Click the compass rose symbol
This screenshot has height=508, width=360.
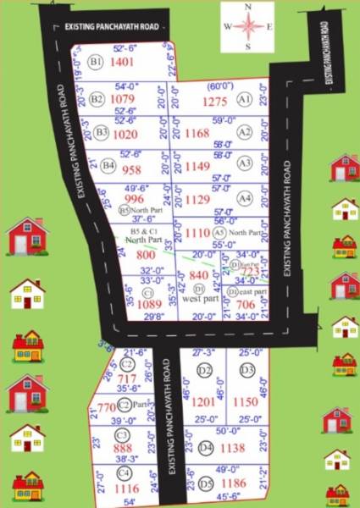pos(247,26)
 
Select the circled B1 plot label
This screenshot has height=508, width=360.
pos(96,63)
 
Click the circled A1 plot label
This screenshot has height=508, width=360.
pos(245,100)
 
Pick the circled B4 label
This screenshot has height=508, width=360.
pos(108,167)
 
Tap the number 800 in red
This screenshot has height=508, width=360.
pos(146,255)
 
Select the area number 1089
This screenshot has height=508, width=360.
pos(149,304)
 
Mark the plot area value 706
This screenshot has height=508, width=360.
pos(245,305)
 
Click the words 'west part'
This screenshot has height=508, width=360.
pos(200,300)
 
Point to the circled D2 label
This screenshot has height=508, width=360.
pos(204,371)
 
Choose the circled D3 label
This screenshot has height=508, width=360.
pos(246,370)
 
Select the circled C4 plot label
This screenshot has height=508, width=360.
pos(124,472)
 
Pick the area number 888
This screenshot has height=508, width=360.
pos(123,449)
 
